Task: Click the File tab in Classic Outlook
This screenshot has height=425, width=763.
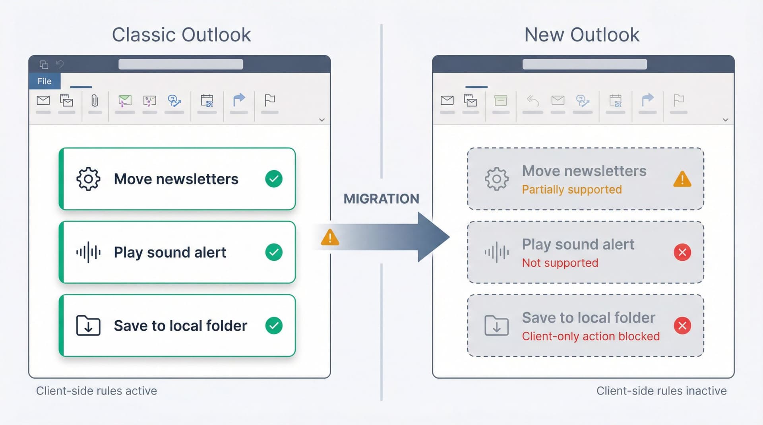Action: click(45, 81)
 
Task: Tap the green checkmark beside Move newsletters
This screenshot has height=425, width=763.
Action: click(274, 179)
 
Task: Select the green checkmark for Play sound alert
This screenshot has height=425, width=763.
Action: click(274, 252)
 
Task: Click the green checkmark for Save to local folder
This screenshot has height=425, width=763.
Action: click(274, 326)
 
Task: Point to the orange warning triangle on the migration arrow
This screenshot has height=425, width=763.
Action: click(330, 238)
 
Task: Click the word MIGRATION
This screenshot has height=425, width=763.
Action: click(381, 199)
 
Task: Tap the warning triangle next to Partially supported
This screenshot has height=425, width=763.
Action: click(682, 179)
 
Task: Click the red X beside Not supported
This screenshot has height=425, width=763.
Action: click(682, 252)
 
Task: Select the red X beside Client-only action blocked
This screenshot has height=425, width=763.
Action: click(682, 326)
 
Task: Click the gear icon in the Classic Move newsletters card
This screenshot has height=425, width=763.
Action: click(88, 179)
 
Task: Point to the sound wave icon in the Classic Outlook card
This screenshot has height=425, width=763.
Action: click(88, 252)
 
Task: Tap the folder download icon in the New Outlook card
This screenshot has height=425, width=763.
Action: click(496, 326)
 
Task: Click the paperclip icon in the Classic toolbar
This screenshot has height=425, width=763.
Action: click(95, 101)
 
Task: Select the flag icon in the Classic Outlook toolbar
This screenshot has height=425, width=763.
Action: click(270, 100)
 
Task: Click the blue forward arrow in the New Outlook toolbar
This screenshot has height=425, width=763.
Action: click(648, 100)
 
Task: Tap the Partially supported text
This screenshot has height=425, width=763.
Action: click(571, 190)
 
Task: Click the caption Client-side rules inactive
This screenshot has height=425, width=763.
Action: click(661, 391)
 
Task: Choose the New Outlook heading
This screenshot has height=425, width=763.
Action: click(582, 35)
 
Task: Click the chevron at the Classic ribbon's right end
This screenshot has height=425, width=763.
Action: click(322, 120)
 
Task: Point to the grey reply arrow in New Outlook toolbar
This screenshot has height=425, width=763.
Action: click(533, 101)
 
